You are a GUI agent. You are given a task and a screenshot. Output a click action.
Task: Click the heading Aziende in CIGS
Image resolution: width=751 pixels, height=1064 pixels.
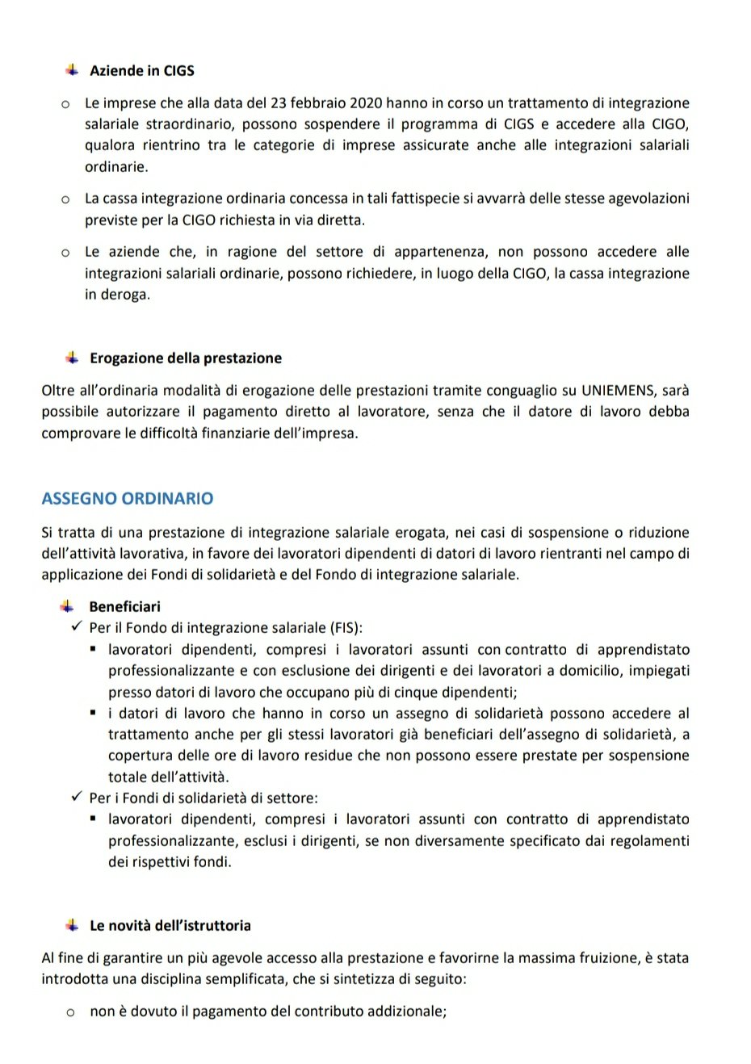pos(142,71)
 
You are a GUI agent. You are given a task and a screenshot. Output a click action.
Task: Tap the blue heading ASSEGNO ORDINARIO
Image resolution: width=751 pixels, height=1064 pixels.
pos(128,498)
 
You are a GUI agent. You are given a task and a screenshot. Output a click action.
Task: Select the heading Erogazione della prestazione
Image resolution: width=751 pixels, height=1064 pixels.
pos(186,358)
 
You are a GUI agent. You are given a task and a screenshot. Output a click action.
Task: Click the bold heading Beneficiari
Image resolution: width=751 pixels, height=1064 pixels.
pos(124,606)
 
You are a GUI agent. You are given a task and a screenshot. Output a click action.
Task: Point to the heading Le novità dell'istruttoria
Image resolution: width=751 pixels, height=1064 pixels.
pos(170,926)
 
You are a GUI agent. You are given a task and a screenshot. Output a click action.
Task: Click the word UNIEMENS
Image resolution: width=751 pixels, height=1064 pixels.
pos(619,391)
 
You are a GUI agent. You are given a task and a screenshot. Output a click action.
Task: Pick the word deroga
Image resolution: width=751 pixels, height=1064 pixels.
pos(127,295)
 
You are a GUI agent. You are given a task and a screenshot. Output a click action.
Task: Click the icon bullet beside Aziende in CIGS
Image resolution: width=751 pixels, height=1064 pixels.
pos(72,70)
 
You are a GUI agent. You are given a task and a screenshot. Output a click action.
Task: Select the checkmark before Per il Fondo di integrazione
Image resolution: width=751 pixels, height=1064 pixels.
pos(77,627)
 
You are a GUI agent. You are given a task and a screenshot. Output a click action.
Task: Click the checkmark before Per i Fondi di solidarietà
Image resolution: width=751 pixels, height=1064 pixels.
pos(77,798)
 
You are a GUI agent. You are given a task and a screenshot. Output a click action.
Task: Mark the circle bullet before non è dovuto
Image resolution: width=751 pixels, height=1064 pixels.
pos(70,1012)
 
